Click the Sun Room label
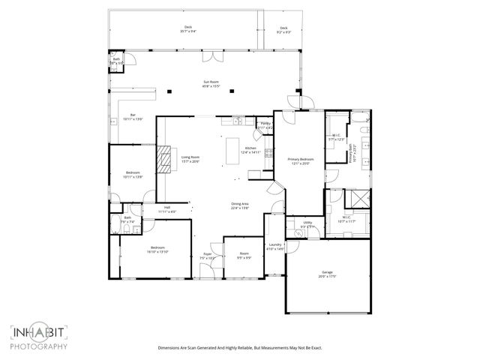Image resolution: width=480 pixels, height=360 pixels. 211,83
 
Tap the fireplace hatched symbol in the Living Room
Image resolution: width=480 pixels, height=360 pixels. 164,157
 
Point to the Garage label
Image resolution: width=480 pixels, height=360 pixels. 326,274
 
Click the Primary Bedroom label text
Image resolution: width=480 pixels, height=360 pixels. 301,160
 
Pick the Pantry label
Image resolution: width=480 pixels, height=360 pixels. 265,125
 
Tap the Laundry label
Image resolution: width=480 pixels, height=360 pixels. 274,246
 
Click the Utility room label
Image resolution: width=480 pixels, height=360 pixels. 307,223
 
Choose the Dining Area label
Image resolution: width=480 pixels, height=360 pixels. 240,206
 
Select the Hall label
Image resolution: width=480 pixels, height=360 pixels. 166,210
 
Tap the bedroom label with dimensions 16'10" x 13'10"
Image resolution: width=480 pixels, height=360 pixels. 157,250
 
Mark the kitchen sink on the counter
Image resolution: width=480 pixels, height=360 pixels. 236,120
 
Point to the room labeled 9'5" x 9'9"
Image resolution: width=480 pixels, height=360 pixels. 243,256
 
